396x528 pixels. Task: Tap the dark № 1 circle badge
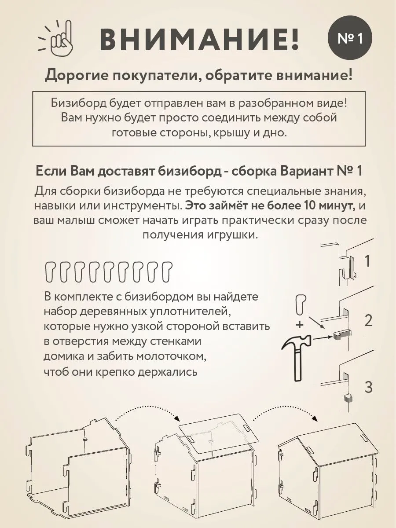350,39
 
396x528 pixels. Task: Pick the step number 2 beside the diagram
369,320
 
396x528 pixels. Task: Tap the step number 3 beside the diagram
369,388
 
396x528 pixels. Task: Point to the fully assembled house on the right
328,466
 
